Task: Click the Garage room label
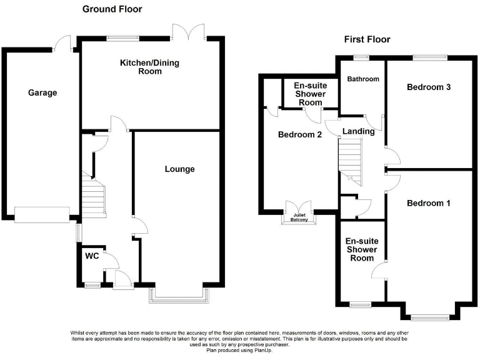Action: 42,92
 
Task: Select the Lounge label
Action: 179,169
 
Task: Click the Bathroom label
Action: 363,79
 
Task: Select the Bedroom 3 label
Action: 429,87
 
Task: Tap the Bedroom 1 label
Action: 428,203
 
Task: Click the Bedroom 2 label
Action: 300,134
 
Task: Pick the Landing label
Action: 359,131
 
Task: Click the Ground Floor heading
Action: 112,9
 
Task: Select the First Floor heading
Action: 367,39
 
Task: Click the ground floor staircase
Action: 92,198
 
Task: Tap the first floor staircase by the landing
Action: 351,159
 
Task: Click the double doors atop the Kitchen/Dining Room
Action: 191,31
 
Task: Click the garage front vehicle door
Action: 42,214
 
